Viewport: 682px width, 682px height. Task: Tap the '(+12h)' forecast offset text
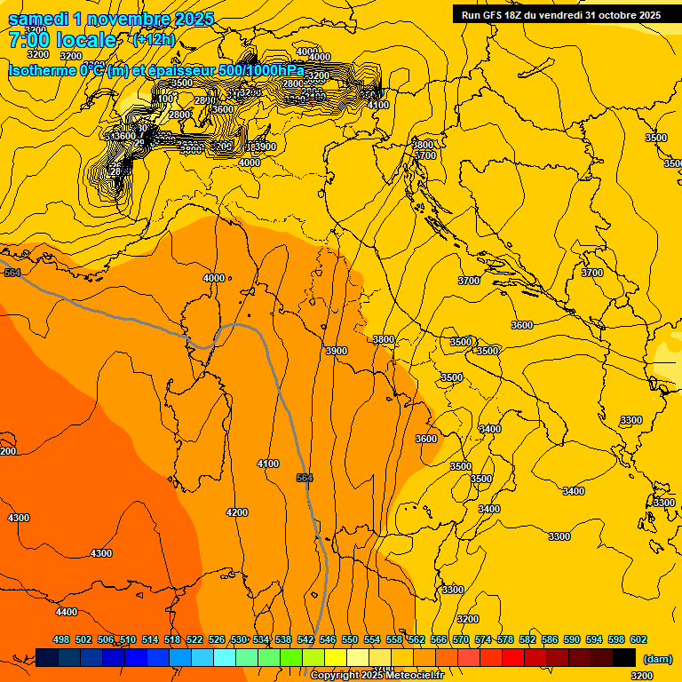pyautogui.click(x=154, y=39)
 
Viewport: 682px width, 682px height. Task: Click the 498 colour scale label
pyautogui.click(x=61, y=639)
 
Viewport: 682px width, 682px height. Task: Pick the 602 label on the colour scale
pyautogui.click(x=638, y=639)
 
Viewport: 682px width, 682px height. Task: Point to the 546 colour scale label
pyautogui.click(x=328, y=639)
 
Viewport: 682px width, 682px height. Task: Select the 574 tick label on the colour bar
pyautogui.click(x=483, y=639)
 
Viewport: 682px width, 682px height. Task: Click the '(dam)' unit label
pyautogui.click(x=656, y=658)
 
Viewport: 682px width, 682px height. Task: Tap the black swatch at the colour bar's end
pyautogui.click(x=624, y=657)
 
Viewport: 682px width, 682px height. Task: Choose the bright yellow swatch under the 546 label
pyautogui.click(x=336, y=657)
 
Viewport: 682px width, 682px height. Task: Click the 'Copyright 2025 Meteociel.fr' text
pyautogui.click(x=377, y=676)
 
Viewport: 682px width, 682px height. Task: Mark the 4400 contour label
pyautogui.click(x=66, y=612)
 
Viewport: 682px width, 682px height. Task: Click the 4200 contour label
pyautogui.click(x=237, y=512)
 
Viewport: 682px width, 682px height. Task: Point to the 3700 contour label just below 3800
pyautogui.click(x=426, y=155)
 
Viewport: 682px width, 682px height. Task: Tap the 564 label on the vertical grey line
pyautogui.click(x=305, y=479)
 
